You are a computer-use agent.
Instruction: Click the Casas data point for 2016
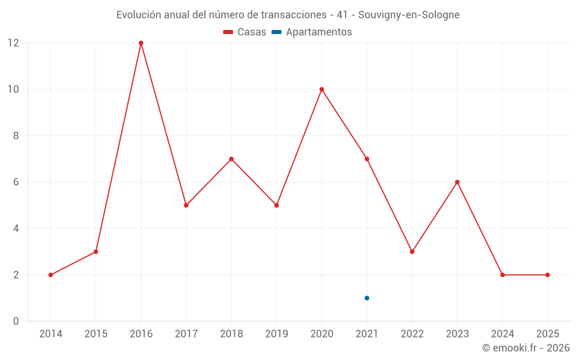point(141,43)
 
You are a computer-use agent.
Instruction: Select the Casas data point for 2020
point(322,89)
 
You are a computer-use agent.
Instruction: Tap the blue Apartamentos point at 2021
point(367,298)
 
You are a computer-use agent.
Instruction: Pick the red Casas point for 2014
point(51,275)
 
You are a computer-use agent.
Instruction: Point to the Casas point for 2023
point(457,182)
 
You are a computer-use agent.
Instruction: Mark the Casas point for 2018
point(232,159)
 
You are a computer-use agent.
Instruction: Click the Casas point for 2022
point(412,252)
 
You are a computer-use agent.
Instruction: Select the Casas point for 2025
point(547,275)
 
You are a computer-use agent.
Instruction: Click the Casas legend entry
point(245,32)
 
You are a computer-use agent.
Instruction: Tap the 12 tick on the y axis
point(13,43)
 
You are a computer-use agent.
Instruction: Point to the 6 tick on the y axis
point(16,182)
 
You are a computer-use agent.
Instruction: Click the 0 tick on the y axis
point(16,321)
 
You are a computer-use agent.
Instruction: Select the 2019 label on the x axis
point(276,334)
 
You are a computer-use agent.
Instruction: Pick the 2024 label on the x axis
point(502,334)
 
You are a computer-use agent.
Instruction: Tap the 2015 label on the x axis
point(96,334)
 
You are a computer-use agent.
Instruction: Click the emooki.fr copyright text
point(526,348)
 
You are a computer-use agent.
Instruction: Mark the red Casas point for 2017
point(186,205)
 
